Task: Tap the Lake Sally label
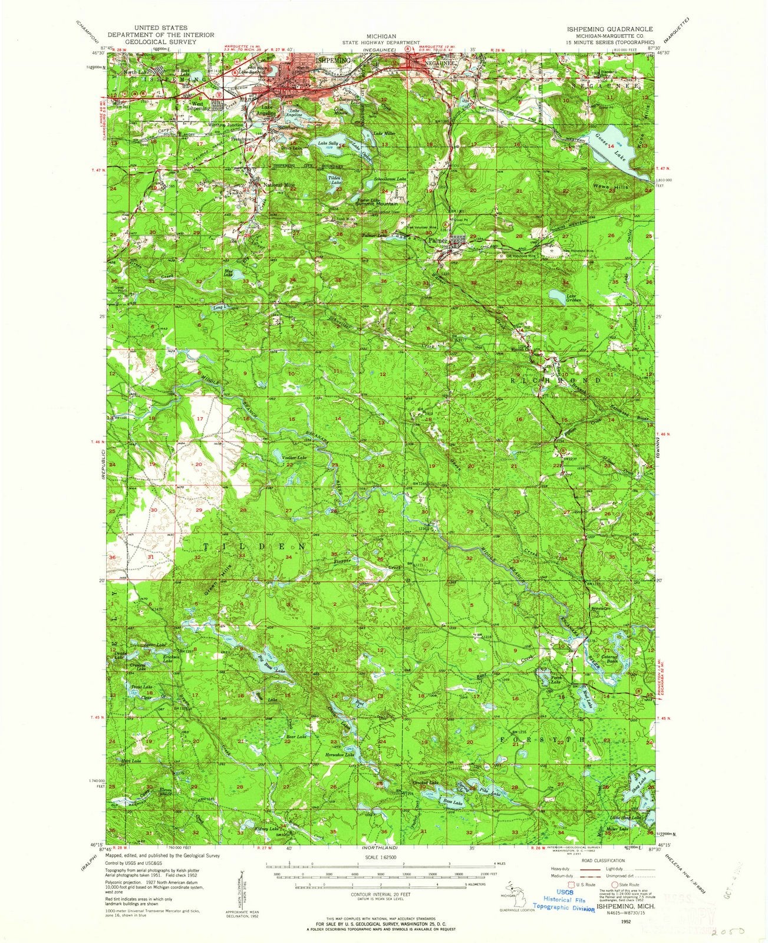point(328,143)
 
